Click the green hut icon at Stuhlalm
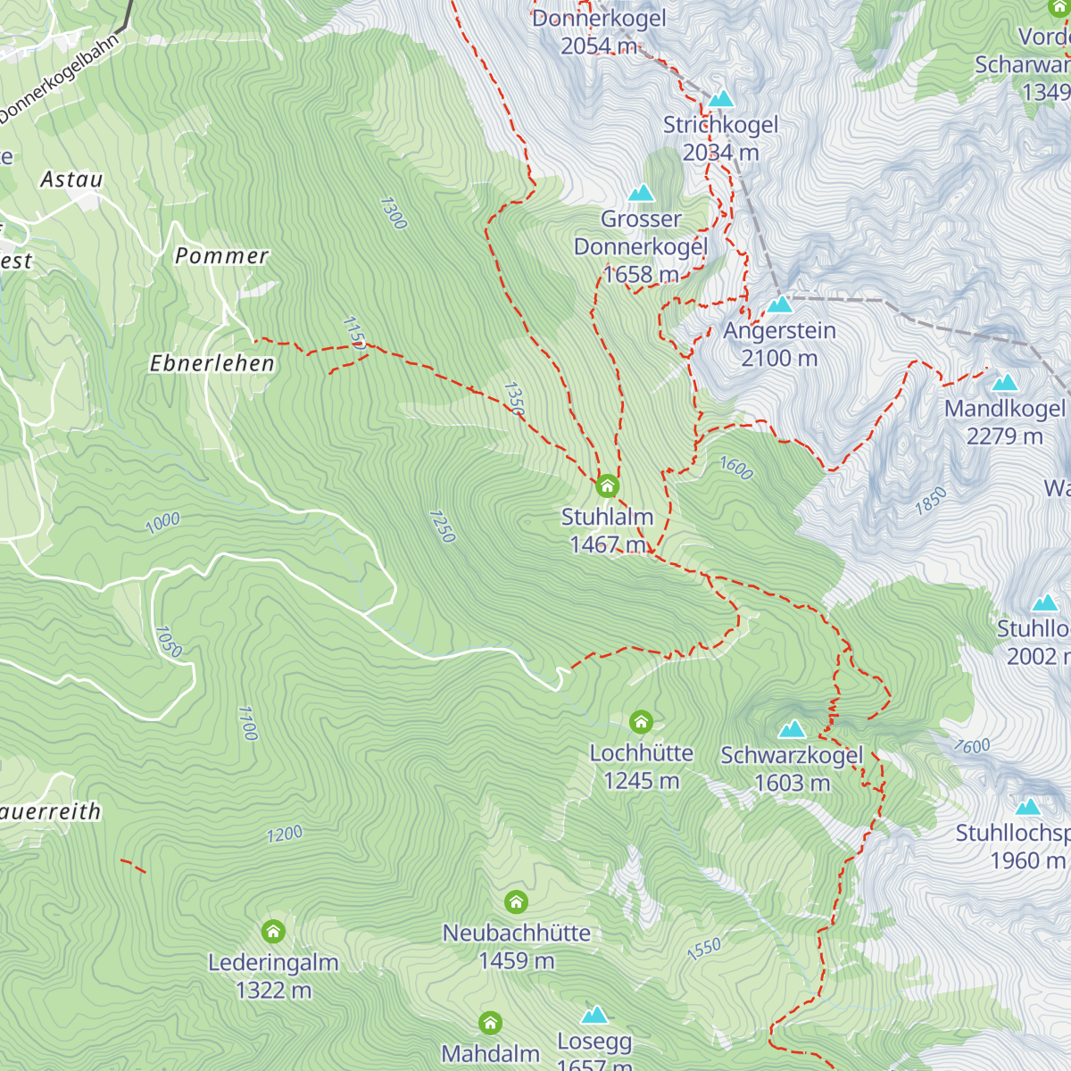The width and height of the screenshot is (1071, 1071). [x=607, y=486]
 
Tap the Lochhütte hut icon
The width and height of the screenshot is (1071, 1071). [x=641, y=721]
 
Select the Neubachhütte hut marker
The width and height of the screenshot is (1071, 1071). [x=516, y=902]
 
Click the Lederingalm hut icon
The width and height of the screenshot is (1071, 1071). [x=273, y=932]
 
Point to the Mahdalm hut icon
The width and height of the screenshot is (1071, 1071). [x=490, y=1023]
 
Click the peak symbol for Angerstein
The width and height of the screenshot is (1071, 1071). [x=780, y=304]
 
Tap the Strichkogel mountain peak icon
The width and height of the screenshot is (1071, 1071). [x=721, y=98]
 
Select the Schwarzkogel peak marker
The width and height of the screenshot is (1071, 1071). [x=792, y=730]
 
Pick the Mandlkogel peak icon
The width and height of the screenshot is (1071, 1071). [x=1005, y=383]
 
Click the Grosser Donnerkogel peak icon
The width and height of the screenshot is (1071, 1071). [x=641, y=193]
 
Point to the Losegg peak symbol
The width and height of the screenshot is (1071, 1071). [x=594, y=1015]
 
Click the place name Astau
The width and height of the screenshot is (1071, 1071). [x=71, y=179]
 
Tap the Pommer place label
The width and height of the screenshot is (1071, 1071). [x=221, y=256]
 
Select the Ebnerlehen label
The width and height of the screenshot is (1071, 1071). [x=212, y=363]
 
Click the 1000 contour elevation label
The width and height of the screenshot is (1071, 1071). [x=162, y=522]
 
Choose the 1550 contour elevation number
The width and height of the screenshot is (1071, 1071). [x=704, y=949]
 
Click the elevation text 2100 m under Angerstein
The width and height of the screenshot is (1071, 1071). [x=779, y=358]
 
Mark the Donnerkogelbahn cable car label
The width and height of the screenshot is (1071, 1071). [x=59, y=81]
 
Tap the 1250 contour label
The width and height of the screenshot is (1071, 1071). [x=443, y=527]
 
